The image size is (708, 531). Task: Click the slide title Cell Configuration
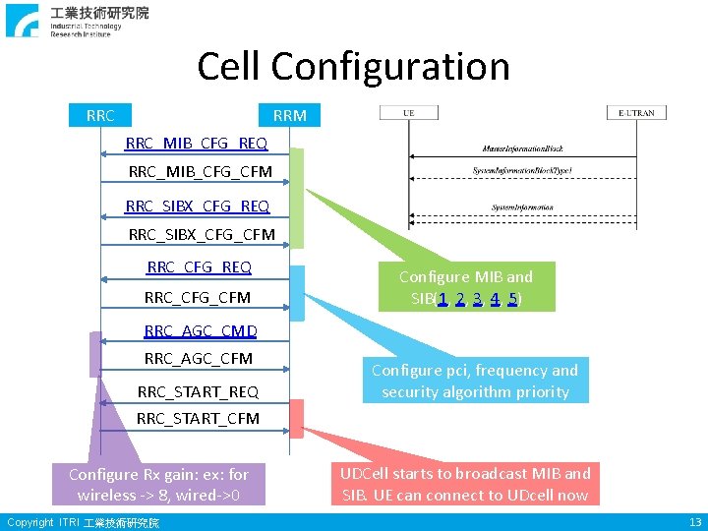pyautogui.click(x=353, y=67)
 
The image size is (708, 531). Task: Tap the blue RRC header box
pyautogui.click(x=99, y=115)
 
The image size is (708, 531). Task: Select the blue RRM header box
pyautogui.click(x=289, y=115)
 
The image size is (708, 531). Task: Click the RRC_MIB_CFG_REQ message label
pyautogui.click(x=196, y=145)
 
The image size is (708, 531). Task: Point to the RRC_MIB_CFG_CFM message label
pyautogui.click(x=200, y=172)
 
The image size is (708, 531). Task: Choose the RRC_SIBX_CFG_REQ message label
pyautogui.click(x=198, y=206)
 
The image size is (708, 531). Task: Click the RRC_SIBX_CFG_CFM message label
pyautogui.click(x=202, y=235)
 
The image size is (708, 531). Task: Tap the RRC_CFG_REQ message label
pyautogui.click(x=199, y=267)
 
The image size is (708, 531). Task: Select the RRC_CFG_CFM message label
pyautogui.click(x=197, y=297)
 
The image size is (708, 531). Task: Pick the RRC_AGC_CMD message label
pyautogui.click(x=201, y=331)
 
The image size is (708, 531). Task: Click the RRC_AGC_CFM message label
pyautogui.click(x=198, y=359)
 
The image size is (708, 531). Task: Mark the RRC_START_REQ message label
pyautogui.click(x=198, y=391)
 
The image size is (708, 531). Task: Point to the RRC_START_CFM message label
pyautogui.click(x=198, y=418)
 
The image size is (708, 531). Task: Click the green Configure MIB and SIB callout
pyautogui.click(x=465, y=287)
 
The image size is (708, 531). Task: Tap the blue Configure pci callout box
pyautogui.click(x=475, y=381)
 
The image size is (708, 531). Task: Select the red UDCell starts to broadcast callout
pyautogui.click(x=465, y=484)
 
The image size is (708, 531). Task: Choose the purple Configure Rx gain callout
pyautogui.click(x=158, y=484)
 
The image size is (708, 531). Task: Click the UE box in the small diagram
pyautogui.click(x=409, y=113)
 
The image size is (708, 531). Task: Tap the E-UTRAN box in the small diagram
pyautogui.click(x=636, y=113)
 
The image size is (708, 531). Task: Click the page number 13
pyautogui.click(x=694, y=521)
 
